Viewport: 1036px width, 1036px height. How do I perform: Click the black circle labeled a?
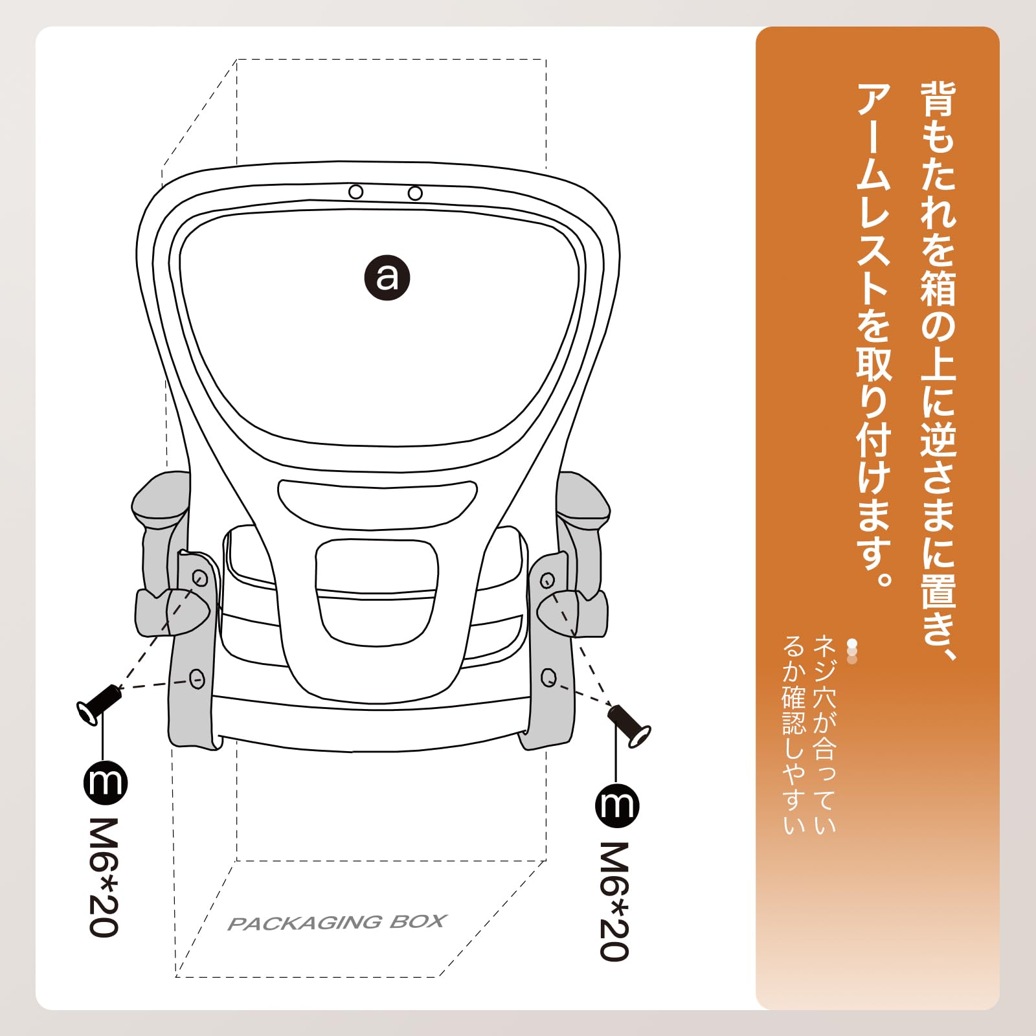387,278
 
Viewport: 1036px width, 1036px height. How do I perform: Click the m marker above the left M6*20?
106,783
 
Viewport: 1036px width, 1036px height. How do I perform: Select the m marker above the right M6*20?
616,805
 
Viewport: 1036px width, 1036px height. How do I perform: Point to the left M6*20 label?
104,877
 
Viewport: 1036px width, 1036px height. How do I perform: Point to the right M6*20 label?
614,900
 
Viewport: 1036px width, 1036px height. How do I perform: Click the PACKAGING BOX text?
337,923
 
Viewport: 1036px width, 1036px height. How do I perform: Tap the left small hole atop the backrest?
355,192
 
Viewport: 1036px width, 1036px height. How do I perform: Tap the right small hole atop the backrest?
415,193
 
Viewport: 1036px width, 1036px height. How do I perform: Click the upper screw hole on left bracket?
200,578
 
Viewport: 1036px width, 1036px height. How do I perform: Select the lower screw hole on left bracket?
197,679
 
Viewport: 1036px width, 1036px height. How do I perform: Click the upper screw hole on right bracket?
547,580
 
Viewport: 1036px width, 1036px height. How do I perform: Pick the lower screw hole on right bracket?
548,678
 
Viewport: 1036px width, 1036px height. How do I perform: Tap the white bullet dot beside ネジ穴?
852,644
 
